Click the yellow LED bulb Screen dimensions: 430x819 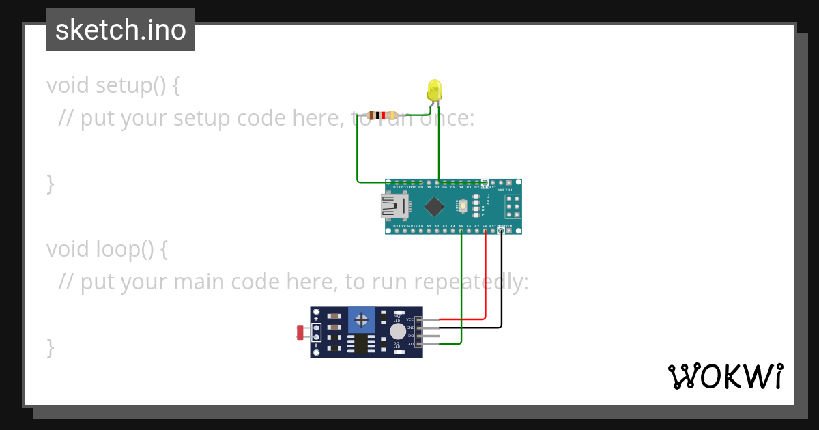tap(434, 90)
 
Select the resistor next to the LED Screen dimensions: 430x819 tap(382, 115)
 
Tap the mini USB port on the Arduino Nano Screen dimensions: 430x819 tap(394, 206)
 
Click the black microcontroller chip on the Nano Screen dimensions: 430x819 tap(434, 206)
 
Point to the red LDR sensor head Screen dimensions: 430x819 tap(300, 332)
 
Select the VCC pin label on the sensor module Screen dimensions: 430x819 tap(410, 319)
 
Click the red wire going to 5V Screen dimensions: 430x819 tap(485, 280)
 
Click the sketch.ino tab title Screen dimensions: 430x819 tap(121, 30)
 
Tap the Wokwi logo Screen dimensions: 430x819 tap(725, 376)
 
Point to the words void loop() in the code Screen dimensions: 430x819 tap(107, 249)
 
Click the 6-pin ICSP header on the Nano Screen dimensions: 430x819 tap(512, 206)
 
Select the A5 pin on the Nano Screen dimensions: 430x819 tap(461, 230)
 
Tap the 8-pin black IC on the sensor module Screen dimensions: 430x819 tap(360, 343)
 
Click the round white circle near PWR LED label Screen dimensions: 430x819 tap(397, 332)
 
